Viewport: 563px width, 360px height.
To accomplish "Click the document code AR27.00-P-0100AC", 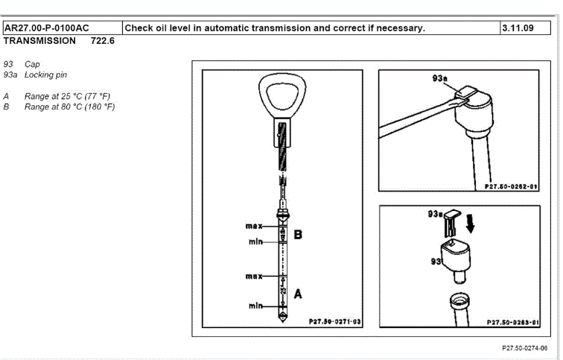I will pos(46,28).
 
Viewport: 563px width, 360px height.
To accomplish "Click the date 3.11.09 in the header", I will pos(518,28).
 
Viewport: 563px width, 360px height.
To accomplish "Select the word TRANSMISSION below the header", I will pos(39,41).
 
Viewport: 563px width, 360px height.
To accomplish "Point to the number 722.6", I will pos(103,41).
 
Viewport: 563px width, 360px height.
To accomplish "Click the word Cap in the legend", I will pos(32,65).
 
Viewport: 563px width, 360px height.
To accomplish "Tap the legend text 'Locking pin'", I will pos(45,75).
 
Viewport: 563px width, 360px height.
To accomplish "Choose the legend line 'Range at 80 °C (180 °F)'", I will pos(69,107).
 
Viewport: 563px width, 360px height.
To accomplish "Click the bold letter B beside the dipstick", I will pos(298,235).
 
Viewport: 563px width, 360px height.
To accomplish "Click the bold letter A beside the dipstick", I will pos(298,294).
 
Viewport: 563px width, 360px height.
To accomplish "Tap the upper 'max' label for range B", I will pos(255,225).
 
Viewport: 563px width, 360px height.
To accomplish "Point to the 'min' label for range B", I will pos(257,241).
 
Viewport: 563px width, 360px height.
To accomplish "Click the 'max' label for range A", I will pos(255,277).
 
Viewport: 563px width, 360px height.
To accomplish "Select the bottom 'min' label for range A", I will pos(257,306).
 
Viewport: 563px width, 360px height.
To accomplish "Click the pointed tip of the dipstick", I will pos(281,318).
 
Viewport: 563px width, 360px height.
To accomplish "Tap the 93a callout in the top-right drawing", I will pos(440,78).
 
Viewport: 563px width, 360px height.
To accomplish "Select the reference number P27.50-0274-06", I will pos(524,348).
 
